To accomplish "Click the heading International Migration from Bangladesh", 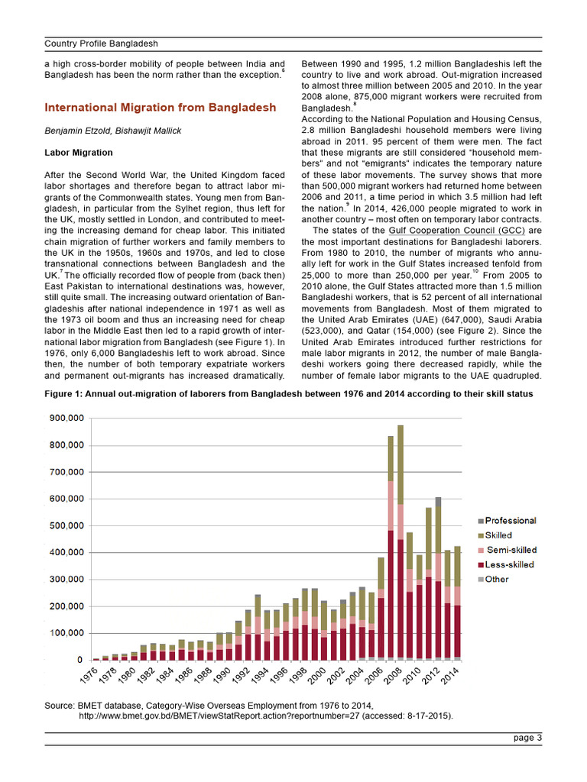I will [160, 108].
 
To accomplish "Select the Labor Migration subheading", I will [79, 153].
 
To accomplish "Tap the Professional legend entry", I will [510, 521].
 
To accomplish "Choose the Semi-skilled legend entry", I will [511, 550].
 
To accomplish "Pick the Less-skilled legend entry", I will [509, 564].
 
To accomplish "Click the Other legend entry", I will [498, 579].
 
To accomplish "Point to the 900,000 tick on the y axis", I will [67, 418].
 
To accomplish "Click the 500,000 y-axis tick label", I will [67, 525].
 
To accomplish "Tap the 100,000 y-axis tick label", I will [67, 633].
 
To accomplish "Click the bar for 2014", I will [457, 603].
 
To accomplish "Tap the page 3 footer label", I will [527, 738].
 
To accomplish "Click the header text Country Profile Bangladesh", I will [101, 44].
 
